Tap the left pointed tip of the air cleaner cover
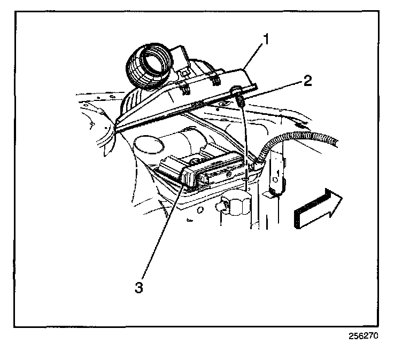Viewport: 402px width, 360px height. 117,127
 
